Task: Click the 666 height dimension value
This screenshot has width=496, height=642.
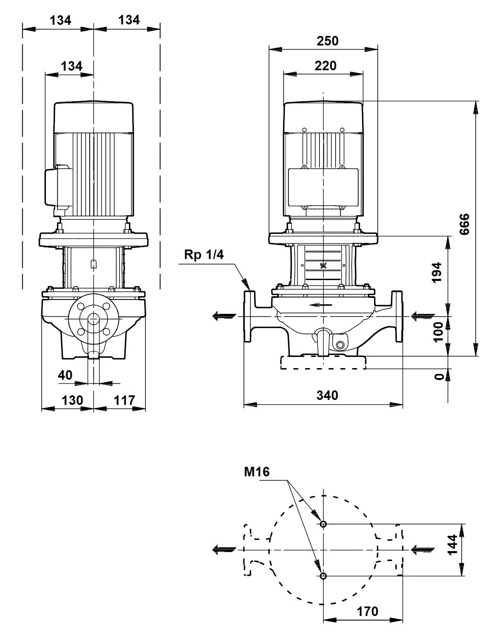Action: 464,224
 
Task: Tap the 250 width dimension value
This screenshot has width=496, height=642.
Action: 327,41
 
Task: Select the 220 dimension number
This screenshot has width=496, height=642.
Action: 325,66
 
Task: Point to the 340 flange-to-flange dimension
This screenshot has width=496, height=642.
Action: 327,395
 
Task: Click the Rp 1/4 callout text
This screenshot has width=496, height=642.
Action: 204,254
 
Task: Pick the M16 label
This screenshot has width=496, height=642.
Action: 257,472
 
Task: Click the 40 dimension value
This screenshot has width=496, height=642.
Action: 65,375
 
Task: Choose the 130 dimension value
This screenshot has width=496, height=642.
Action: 72,401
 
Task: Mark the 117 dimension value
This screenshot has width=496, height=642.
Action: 124,401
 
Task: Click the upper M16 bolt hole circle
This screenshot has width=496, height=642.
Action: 323,524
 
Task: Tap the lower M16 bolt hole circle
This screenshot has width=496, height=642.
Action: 323,576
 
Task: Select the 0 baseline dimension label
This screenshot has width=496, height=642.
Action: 440,376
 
